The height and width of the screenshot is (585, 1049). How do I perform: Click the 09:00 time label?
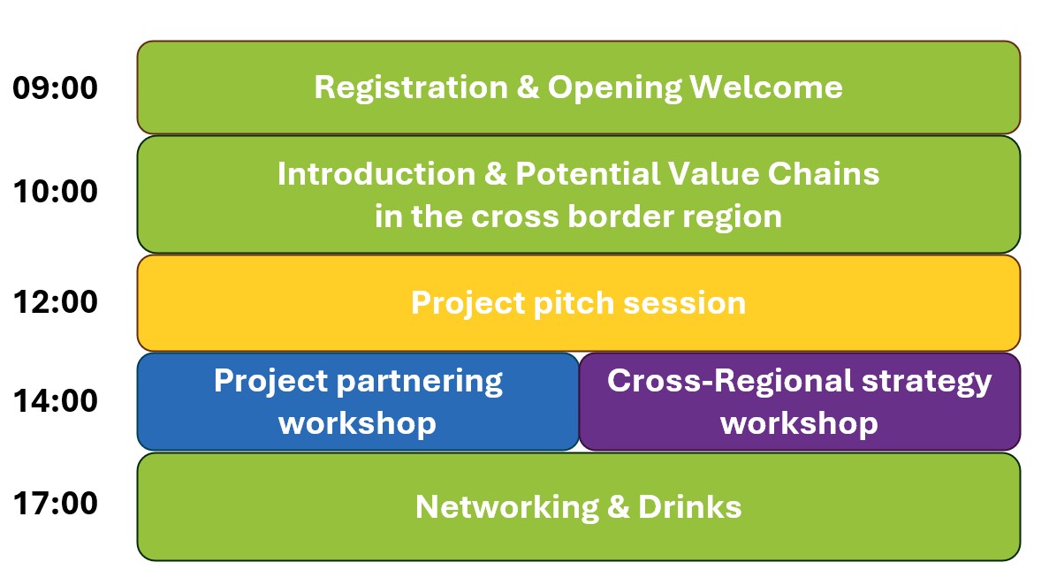[56, 87]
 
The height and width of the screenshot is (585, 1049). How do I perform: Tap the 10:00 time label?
[56, 192]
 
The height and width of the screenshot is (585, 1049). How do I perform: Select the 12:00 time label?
[56, 302]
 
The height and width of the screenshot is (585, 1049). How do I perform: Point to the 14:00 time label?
[56, 401]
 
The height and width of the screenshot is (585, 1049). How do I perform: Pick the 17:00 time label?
[56, 504]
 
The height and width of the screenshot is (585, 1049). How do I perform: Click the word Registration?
[411, 88]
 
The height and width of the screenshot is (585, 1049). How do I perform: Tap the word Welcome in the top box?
[766, 87]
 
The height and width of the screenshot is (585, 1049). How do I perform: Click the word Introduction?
[376, 174]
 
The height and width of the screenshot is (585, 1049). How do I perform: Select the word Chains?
[824, 174]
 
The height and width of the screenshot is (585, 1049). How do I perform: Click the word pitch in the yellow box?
[574, 303]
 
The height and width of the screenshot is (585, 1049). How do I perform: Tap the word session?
[684, 304]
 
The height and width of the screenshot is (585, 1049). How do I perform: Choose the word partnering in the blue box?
[420, 382]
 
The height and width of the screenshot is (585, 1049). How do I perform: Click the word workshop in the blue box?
[358, 424]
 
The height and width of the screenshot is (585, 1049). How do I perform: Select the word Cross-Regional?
[731, 382]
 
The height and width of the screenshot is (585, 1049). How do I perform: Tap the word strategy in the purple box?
[926, 382]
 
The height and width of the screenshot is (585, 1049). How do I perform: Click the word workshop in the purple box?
[800, 424]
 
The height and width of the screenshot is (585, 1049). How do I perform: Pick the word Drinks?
[689, 506]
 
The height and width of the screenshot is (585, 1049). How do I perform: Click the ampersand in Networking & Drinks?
[619, 506]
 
